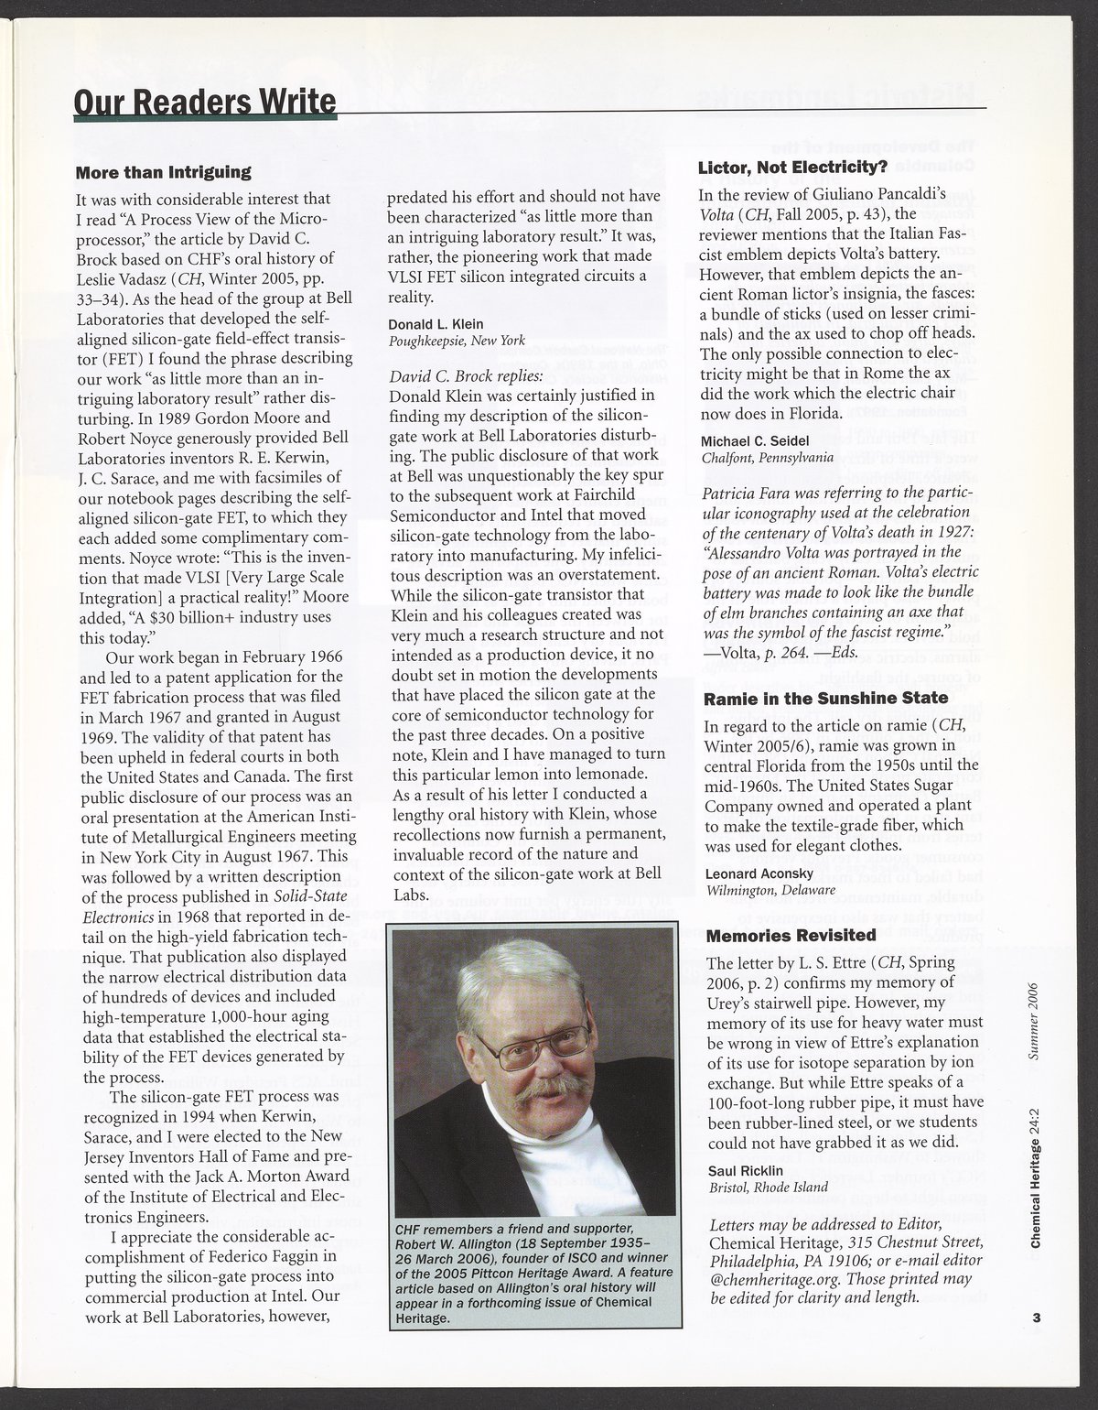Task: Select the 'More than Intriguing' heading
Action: point(163,171)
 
